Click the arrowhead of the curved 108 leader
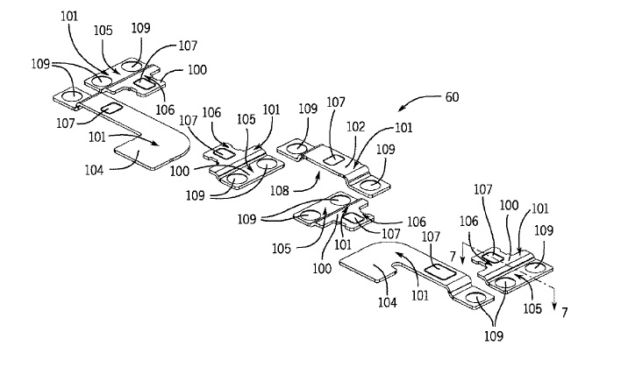click(x=317, y=173)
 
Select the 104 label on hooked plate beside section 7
click(x=387, y=303)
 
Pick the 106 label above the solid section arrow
click(x=470, y=223)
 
